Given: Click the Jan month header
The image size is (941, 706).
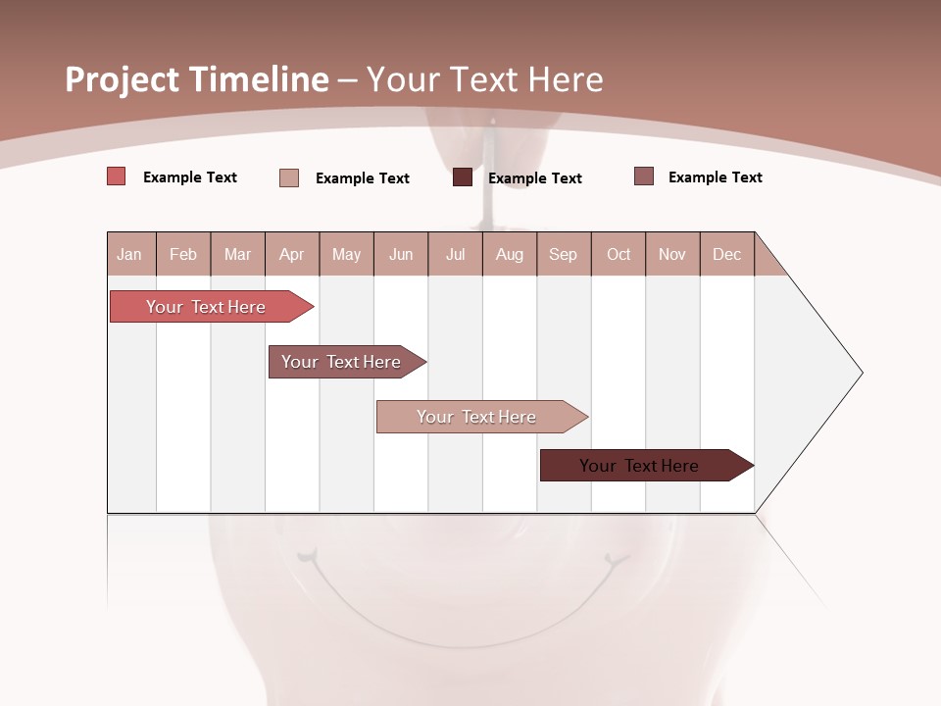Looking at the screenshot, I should coord(130,254).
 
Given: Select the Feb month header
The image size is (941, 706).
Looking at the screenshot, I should coord(183,254).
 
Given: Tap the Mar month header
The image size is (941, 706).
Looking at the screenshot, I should coord(237,254).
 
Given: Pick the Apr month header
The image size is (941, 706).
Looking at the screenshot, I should coord(292,254).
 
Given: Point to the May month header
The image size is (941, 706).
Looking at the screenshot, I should coord(346,254).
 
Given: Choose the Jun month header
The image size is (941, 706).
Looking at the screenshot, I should coord(401,254).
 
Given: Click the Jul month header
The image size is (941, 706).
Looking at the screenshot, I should coord(455,254).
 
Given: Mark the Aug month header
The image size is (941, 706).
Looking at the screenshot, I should coord(510,254).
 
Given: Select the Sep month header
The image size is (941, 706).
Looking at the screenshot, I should coord(564,254).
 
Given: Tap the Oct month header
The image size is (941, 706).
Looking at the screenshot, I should coord(619,254).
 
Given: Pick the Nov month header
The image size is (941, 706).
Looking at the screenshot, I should coord(672,254).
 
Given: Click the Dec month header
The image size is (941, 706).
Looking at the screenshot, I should coord(727,254).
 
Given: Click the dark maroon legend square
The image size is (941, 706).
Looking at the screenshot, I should coord(463,177).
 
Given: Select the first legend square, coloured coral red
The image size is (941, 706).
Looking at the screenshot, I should coord(116,176).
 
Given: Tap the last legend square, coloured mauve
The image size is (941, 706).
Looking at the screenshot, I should coord(644,176).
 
